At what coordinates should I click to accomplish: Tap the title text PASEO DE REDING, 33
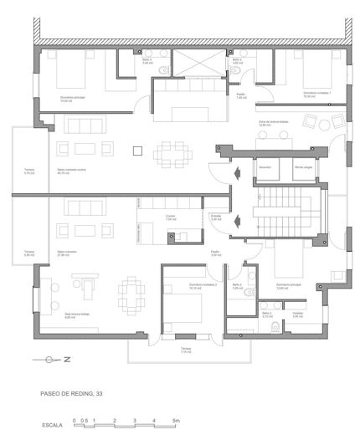(71, 391)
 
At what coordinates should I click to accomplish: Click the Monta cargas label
(303, 167)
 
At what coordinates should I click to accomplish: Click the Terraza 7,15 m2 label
(186, 349)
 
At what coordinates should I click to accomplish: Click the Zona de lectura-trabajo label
(273, 123)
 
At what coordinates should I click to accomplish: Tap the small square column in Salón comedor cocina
(137, 151)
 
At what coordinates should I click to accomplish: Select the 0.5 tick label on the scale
(84, 420)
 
